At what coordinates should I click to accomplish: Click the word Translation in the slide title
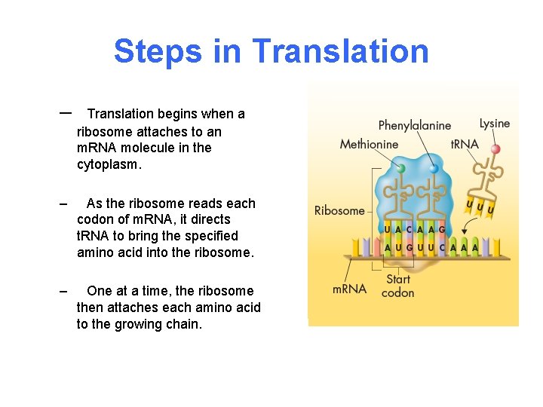coord(340,51)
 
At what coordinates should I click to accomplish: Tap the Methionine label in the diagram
coord(369,144)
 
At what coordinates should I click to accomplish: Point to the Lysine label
coord(495,124)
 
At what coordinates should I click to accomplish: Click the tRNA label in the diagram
coord(465,144)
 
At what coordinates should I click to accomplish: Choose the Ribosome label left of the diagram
coord(339,210)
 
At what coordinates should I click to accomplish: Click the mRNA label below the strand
coord(349,288)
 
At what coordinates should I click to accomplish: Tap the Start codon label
coord(397,286)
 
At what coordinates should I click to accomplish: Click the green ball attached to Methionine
coord(401,168)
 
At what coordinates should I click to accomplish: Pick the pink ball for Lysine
coord(495,149)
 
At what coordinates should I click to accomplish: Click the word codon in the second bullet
coord(94,219)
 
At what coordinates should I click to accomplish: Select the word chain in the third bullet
coord(185,324)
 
